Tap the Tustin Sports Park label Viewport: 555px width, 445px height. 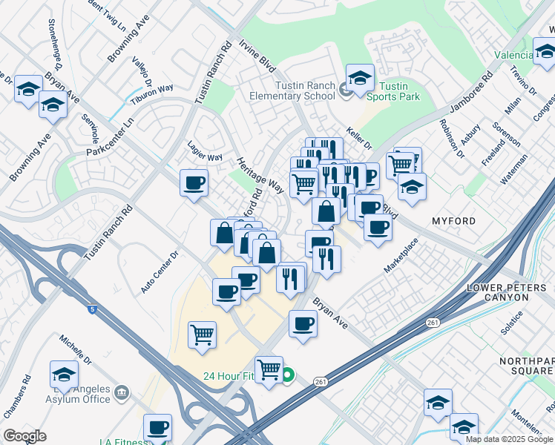click(393, 91)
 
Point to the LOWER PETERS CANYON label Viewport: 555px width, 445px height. click(507, 292)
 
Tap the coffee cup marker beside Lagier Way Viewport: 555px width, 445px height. click(194, 182)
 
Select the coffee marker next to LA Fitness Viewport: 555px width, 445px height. click(157, 428)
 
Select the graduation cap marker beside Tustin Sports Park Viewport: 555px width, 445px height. click(360, 78)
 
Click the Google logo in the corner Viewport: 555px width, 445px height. click(24, 435)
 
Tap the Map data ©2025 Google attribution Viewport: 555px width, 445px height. click(509, 438)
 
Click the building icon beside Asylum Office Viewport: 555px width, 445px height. click(123, 391)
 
